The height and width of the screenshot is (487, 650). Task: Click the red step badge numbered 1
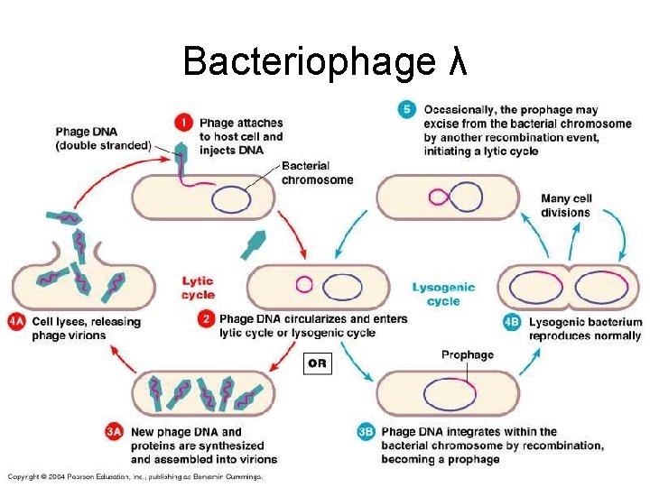[x=183, y=122]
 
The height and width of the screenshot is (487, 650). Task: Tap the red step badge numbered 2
[x=206, y=318]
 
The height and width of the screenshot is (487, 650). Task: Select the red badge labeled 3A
[x=114, y=432]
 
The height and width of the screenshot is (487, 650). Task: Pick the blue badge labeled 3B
[x=366, y=432]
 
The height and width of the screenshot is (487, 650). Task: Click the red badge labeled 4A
[x=15, y=321]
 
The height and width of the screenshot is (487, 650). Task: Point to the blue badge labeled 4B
[x=512, y=322]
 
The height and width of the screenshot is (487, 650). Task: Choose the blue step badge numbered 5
[x=407, y=110]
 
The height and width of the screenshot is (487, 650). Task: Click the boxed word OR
[x=317, y=363]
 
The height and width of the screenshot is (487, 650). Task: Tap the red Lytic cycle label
[x=198, y=288]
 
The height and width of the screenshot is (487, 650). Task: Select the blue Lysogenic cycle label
[x=443, y=294]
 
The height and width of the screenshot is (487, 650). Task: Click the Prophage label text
[x=467, y=354]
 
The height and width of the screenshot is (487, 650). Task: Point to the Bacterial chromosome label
[x=317, y=172]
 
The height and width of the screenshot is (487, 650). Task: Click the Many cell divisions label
[x=565, y=206]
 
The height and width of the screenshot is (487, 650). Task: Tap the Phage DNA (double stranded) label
[x=102, y=138]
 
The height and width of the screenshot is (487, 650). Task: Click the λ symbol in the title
[x=458, y=61]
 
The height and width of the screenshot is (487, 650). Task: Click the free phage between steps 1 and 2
[x=255, y=243]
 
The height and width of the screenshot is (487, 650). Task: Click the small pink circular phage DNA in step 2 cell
[x=304, y=284]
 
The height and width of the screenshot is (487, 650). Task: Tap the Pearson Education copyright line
[x=135, y=475]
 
